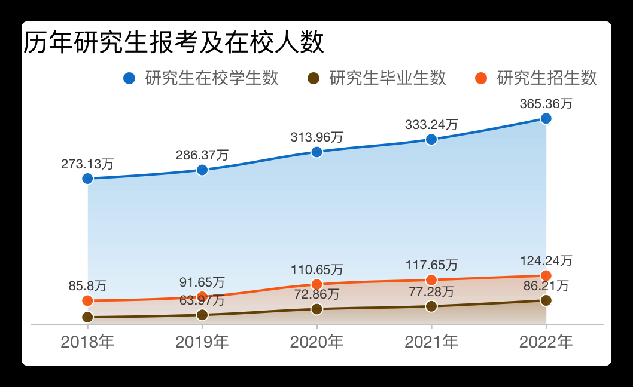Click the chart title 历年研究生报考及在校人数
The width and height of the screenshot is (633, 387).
[174, 43]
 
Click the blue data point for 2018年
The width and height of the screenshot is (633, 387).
[88, 179]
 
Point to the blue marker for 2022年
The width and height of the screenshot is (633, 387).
[546, 118]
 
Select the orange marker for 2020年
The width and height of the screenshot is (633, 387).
[317, 284]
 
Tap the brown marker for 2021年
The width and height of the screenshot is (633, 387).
[431, 306]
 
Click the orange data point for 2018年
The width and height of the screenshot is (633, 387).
[88, 300]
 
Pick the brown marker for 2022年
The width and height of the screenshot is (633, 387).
[546, 300]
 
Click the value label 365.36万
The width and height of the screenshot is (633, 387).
[546, 103]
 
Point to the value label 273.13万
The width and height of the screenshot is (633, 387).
[88, 164]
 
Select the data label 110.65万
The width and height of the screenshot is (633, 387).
[317, 269]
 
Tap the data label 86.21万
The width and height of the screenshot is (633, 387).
[546, 285]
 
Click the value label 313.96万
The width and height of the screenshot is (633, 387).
[317, 137]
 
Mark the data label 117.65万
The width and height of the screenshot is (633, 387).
[431, 265]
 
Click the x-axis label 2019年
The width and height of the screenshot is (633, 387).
[202, 342]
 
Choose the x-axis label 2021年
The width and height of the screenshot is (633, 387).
[431, 342]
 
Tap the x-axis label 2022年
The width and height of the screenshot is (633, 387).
[546, 342]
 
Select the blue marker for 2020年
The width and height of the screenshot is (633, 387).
[317, 152]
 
